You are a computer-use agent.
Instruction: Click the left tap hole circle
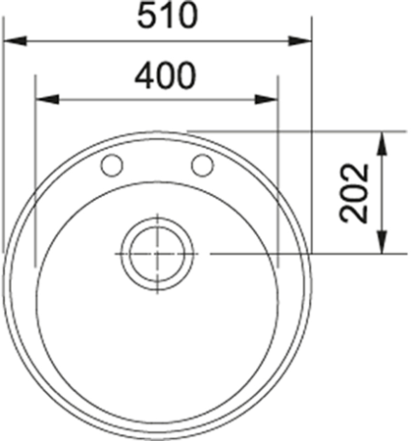click(112, 164)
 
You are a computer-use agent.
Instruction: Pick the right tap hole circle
click(203, 164)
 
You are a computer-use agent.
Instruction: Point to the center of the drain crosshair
click(157, 253)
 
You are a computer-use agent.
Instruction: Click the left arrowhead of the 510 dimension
click(14, 41)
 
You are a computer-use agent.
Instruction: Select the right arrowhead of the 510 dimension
click(303, 41)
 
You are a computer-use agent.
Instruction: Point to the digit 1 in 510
click(156, 17)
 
